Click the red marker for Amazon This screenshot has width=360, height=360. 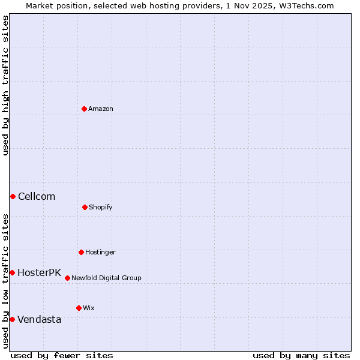(84, 109)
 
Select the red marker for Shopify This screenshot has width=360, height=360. (85, 207)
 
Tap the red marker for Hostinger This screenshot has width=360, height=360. (81, 252)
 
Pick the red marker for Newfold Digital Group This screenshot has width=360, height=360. (67, 278)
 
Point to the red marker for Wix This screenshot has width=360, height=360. (79, 308)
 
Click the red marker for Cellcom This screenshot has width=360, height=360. (13, 196)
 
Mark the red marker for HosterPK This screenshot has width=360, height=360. (12, 272)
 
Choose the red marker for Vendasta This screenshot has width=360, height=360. (12, 319)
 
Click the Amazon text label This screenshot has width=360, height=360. (101, 109)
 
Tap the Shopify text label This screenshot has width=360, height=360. (101, 208)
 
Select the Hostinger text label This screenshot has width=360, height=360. (100, 253)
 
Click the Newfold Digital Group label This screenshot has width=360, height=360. (106, 278)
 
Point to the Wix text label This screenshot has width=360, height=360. (89, 308)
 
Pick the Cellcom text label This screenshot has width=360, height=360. (37, 197)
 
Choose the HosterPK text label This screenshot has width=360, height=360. (39, 273)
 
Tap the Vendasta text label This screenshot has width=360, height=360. (39, 320)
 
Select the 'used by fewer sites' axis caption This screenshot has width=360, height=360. (62, 355)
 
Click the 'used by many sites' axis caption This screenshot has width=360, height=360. (301, 355)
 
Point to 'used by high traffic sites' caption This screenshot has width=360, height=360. (5, 85)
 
